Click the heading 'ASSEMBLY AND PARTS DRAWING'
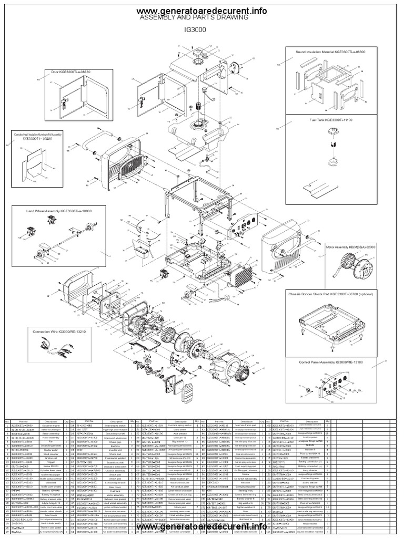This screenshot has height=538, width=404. [193, 18]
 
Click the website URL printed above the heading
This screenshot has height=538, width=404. [201, 11]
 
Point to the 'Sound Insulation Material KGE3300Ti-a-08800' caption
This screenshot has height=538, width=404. [330, 53]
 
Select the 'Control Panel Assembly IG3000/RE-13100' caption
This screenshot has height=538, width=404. [330, 363]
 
